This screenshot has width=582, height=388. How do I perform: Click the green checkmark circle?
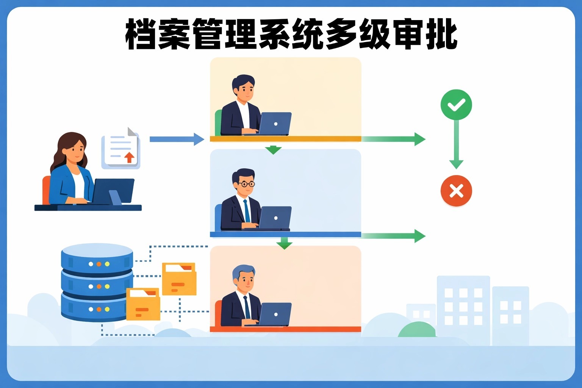click(456, 105)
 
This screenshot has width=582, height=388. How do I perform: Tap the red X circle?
click(456, 191)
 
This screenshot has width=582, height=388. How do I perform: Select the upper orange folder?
click(179, 279)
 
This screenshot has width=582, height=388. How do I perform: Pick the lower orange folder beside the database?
click(143, 304)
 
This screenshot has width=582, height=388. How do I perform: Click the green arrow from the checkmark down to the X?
click(456, 144)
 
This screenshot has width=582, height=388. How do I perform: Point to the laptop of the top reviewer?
click(275, 124)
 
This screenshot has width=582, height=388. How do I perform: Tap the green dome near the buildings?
click(417, 330)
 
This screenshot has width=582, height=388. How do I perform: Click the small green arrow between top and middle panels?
click(273, 150)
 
